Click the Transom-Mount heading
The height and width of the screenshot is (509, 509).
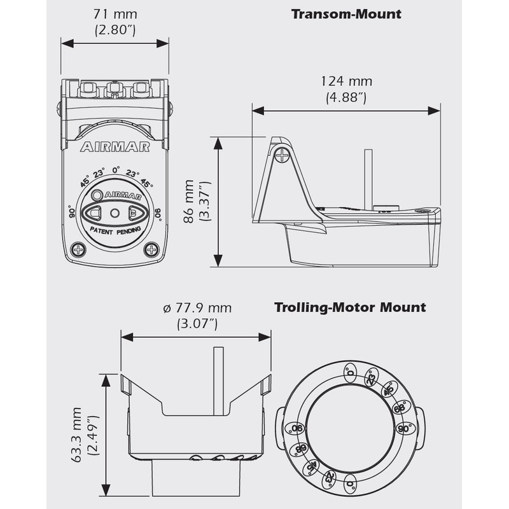(x=346, y=14)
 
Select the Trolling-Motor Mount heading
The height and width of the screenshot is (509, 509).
(x=350, y=308)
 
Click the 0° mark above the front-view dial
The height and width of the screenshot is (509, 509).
(x=116, y=170)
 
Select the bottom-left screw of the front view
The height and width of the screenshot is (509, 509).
(x=79, y=249)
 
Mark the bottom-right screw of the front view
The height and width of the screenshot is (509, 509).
(x=151, y=249)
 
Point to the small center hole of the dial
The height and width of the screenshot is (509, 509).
(x=115, y=213)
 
